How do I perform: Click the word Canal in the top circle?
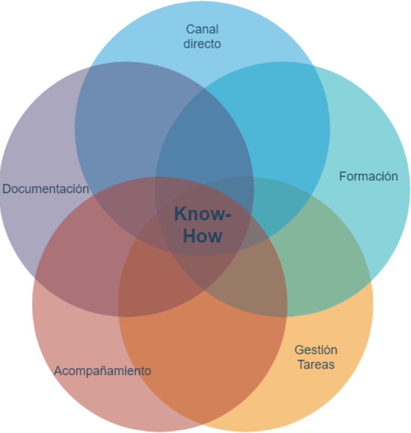tap(203, 30)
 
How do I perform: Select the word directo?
tap(203, 44)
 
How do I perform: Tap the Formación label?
tap(368, 176)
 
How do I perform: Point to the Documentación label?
tap(45, 189)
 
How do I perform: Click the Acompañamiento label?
tap(103, 371)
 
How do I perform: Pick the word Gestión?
tap(316, 350)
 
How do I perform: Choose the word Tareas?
tap(316, 364)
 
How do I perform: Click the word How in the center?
tap(203, 236)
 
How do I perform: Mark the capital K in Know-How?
tap(181, 213)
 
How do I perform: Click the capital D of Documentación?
tap(6, 189)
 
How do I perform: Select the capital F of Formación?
tap(343, 176)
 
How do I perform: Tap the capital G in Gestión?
tap(299, 350)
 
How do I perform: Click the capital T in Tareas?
tap(301, 364)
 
